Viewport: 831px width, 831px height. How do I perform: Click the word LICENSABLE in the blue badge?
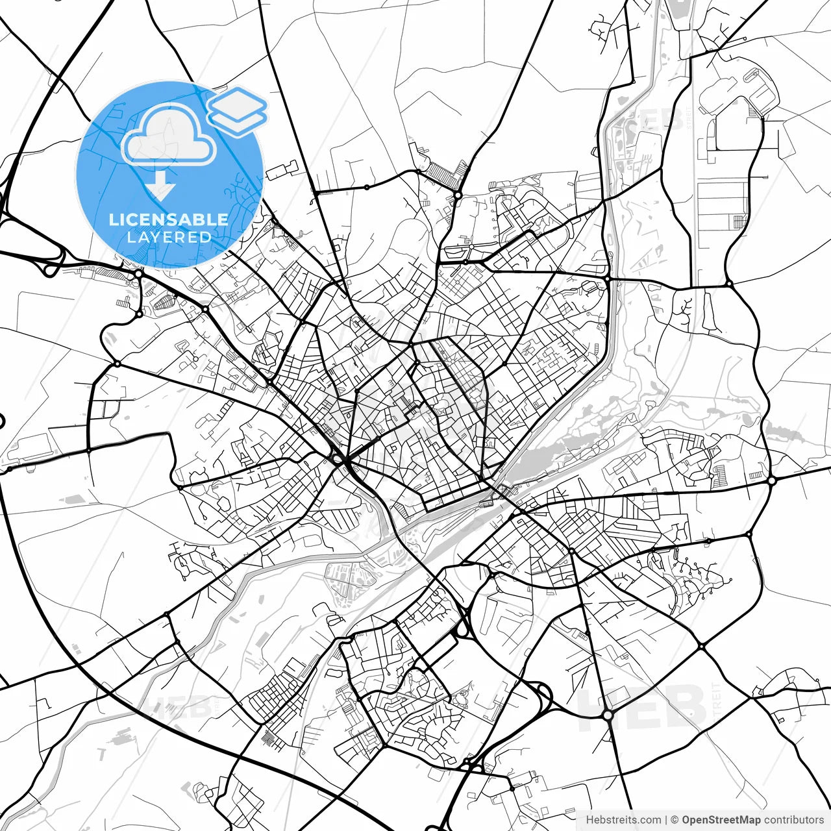[x=169, y=219]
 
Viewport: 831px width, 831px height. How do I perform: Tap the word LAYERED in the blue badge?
[x=169, y=237]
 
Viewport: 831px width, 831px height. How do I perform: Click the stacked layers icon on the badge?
[x=238, y=110]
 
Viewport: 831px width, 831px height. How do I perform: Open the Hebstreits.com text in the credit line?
[x=624, y=820]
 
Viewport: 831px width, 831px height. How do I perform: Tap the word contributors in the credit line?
[x=793, y=820]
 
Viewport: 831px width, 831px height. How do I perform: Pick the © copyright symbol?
[x=675, y=820]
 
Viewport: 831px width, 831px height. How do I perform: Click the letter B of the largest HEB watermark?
[x=682, y=708]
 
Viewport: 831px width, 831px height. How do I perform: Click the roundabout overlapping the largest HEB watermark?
[x=608, y=715]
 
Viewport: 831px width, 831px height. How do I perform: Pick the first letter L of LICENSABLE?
[x=113, y=219]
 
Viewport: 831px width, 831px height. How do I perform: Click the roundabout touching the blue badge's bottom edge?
[x=138, y=275]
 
